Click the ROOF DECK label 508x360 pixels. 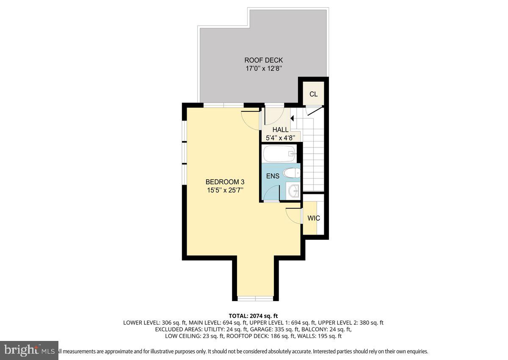tap(263, 60)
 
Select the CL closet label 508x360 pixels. tap(313, 94)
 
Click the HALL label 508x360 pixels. tap(280, 130)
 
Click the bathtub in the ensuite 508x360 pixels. tap(279, 153)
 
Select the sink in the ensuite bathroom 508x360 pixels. tap(293, 191)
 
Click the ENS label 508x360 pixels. tap(273, 176)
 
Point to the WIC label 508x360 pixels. tap(313, 218)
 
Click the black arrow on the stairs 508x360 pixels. tap(292, 119)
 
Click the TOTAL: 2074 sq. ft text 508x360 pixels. tap(253, 316)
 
